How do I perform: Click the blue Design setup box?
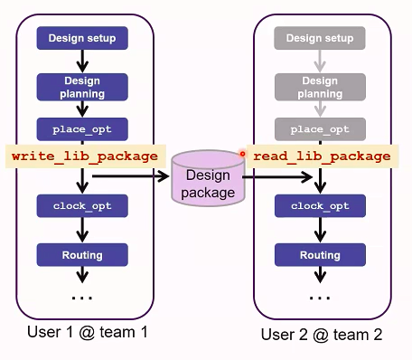tap(82, 38)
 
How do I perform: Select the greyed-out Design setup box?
tap(320, 38)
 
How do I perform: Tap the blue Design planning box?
tap(82, 87)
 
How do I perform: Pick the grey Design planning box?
tap(320, 87)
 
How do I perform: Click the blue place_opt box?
tap(82, 128)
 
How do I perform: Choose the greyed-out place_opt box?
tap(320, 128)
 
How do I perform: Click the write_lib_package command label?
tap(87, 156)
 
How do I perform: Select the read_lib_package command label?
tap(322, 156)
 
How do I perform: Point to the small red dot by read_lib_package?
tap(242, 154)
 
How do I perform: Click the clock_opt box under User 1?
tap(82, 206)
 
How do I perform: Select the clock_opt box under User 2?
tap(320, 206)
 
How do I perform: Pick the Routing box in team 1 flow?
tap(82, 255)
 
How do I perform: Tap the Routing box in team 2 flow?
tap(320, 255)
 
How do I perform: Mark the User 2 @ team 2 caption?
tap(321, 334)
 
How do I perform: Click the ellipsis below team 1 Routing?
tap(82, 296)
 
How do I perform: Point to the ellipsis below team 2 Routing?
tap(320, 296)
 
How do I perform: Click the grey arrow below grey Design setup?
tap(320, 61)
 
